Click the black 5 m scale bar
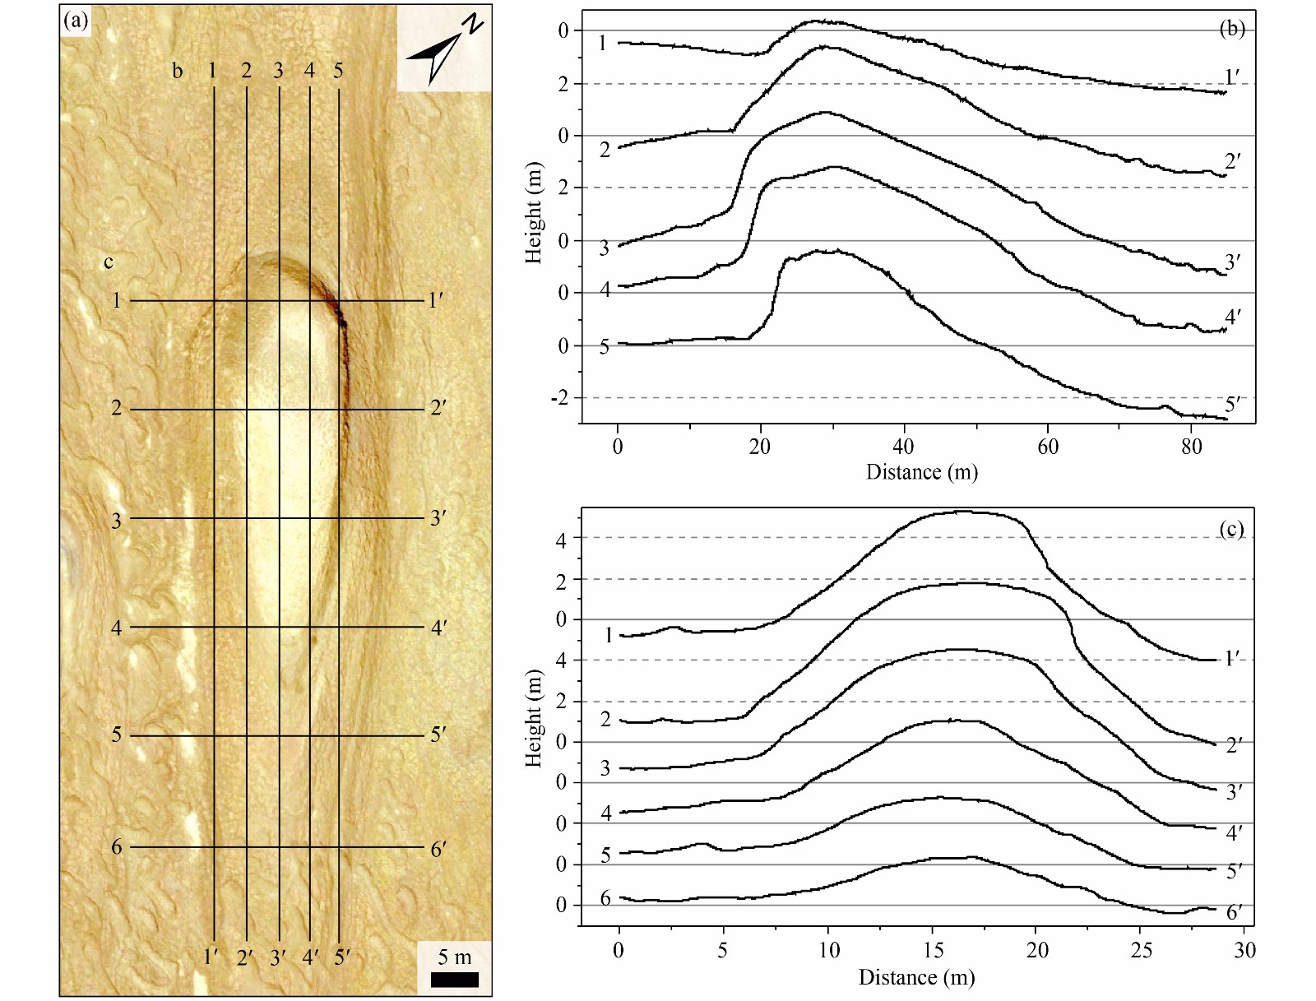454,980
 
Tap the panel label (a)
76,21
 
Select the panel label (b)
1231,29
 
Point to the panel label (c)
1231,529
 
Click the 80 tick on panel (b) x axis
1191,447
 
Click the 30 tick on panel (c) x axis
1245,950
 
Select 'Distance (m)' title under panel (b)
921,471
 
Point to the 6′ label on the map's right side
438,849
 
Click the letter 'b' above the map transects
177,71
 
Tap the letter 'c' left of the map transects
109,262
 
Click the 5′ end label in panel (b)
1232,405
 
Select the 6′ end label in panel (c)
1234,912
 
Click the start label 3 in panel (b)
605,248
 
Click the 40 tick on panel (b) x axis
903,447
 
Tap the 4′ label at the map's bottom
311,957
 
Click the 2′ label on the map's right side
438,408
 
